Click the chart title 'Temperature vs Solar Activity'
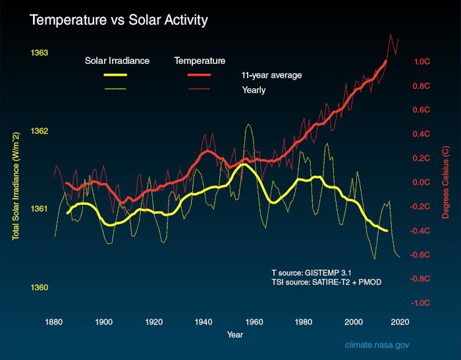click(x=119, y=20)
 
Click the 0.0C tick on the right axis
click(x=421, y=182)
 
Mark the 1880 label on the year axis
click(x=53, y=322)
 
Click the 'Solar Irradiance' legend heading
click(x=117, y=61)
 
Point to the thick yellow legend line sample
click(x=117, y=75)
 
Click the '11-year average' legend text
click(x=271, y=75)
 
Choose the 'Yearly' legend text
click(x=254, y=90)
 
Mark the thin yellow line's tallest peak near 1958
click(x=248, y=124)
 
